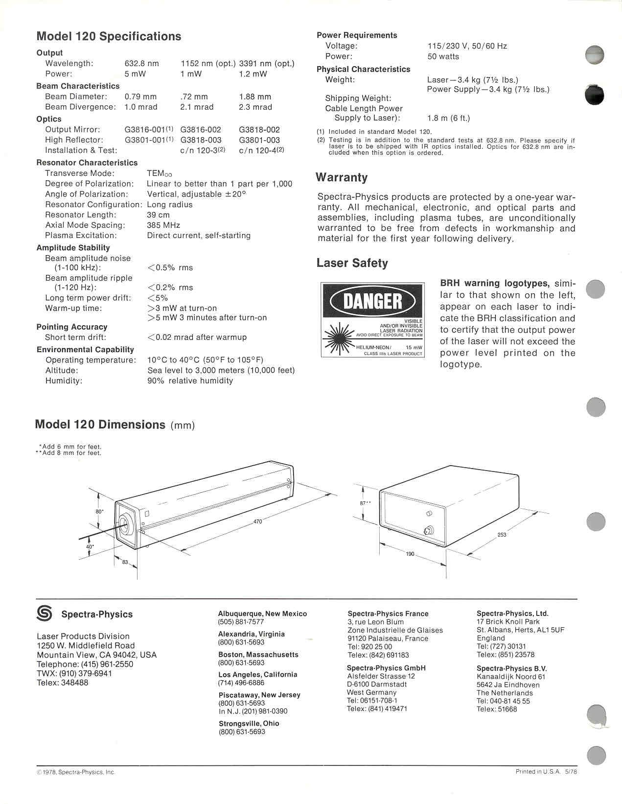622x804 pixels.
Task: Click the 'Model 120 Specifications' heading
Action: click(109, 37)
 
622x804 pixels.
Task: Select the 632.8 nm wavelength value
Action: click(141, 64)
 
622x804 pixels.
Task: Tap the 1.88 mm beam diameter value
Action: click(255, 97)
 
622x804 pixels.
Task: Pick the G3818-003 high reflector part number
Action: click(201, 140)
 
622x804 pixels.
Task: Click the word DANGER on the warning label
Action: click(373, 301)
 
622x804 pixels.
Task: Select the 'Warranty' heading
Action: click(342, 177)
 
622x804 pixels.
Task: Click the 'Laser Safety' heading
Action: click(352, 263)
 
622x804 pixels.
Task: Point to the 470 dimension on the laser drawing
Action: click(258, 521)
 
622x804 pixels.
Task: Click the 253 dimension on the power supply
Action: click(502, 535)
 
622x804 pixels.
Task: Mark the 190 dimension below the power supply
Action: click(410, 554)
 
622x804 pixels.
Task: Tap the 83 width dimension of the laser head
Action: click(125, 562)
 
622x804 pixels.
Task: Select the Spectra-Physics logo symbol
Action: click(45, 614)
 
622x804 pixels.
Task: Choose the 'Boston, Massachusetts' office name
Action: click(258, 655)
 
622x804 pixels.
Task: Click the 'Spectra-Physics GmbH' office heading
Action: click(386, 668)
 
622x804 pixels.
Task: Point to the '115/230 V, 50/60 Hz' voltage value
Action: click(467, 47)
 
